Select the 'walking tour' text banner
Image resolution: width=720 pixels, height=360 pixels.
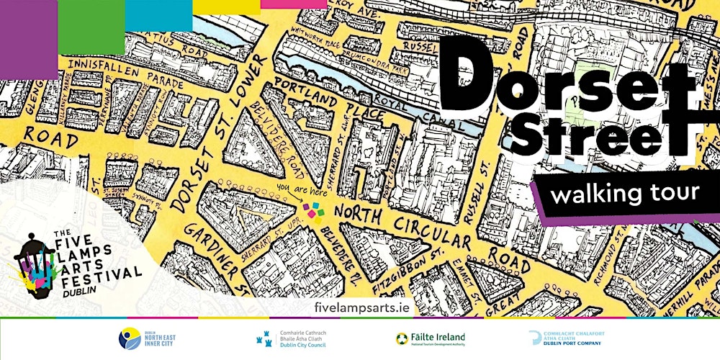tap(624, 193)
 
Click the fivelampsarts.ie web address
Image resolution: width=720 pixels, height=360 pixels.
tap(364, 307)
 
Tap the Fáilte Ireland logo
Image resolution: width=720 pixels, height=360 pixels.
tap(431, 338)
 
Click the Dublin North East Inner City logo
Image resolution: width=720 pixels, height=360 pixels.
tap(148, 338)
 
